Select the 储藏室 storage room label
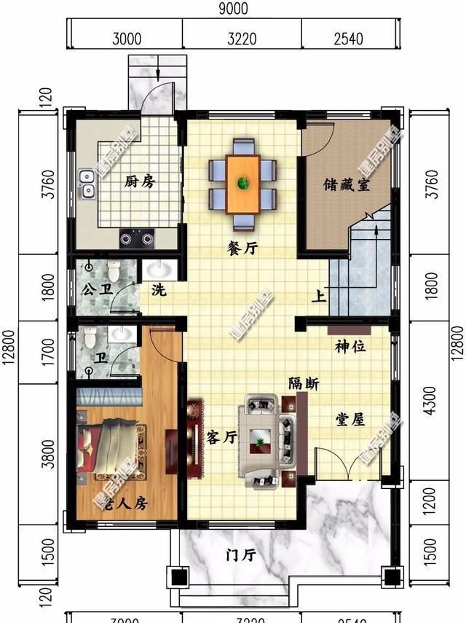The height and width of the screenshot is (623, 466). tap(347, 184)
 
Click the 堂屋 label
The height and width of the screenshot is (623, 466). tap(351, 420)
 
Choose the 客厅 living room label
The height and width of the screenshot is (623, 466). tap(222, 437)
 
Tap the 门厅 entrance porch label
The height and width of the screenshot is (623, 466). tap(240, 555)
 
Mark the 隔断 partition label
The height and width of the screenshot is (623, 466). tap(303, 383)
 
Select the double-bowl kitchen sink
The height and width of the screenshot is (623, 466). tap(87, 184)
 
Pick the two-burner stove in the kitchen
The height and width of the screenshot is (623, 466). tap(137, 236)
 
